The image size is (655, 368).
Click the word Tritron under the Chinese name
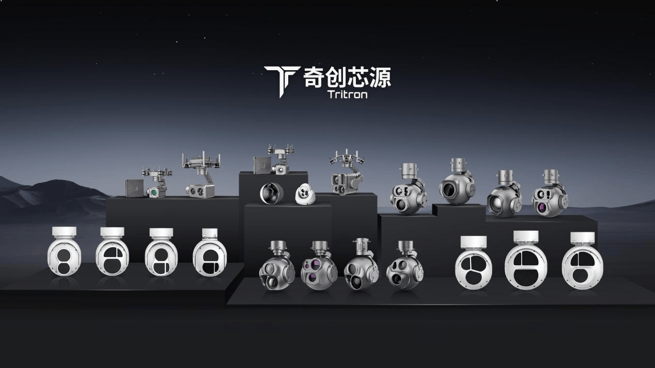(x=347, y=94)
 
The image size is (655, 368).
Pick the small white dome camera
(x=305, y=194)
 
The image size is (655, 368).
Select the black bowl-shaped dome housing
(x=272, y=194)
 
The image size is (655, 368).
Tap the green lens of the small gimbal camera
(x=152, y=192)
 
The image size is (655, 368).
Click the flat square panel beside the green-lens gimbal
(x=135, y=188)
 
